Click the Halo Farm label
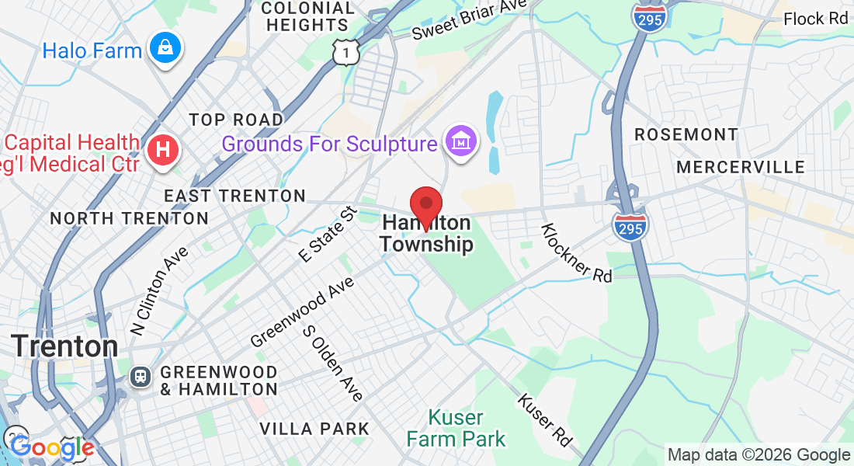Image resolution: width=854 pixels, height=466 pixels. pos(92,51)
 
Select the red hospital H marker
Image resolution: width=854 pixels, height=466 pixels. pos(163,149)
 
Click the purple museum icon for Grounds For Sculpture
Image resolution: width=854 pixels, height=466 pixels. pos(461,142)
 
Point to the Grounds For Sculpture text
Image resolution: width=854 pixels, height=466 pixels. pos(329,144)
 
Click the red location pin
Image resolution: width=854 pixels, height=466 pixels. pos(425,205)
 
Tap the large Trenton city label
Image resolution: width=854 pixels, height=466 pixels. pos(65,346)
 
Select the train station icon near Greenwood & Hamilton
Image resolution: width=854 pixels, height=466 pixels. pos(141,377)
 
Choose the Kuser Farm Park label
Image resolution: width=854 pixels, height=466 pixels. pos(456,428)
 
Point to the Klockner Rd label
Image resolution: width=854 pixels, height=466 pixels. pos(576,252)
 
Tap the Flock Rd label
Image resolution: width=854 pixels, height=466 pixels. pos(816,19)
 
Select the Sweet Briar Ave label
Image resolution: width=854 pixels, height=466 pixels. pos(470,21)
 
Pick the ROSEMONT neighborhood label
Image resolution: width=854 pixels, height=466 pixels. pos(686,134)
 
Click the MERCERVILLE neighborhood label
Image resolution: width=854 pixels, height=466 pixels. pos(740,167)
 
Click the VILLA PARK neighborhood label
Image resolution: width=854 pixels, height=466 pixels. pos(314,429)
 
